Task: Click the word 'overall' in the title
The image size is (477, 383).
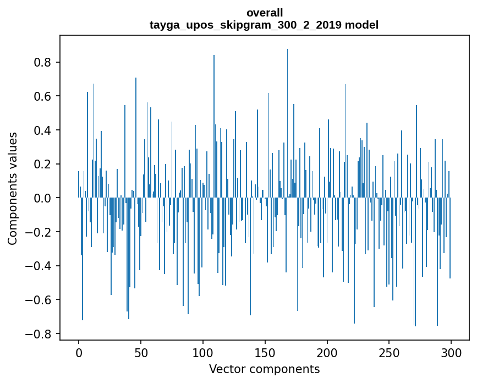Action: point(264,13)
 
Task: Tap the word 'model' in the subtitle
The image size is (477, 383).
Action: point(361,25)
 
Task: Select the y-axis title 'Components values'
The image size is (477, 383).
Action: point(13,188)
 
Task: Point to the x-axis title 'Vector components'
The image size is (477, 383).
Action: point(264,369)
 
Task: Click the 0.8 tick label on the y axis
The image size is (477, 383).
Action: point(43,62)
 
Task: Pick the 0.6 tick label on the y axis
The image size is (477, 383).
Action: point(43,96)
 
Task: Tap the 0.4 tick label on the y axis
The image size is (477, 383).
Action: point(43,130)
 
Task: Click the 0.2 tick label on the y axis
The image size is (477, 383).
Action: point(43,165)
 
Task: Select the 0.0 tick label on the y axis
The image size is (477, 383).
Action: point(43,198)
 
